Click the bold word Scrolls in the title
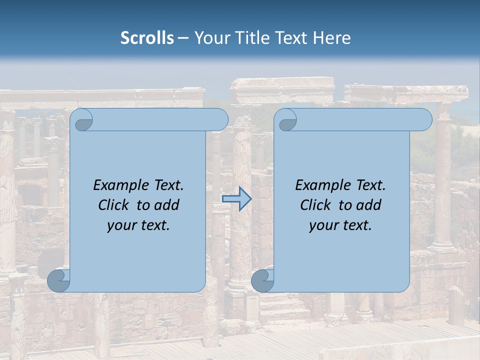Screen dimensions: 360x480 point(147,38)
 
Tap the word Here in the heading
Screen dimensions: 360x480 point(331,38)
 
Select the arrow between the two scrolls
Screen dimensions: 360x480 point(236,199)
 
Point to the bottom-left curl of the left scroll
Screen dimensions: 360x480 point(58,280)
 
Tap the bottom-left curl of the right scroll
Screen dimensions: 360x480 point(262,280)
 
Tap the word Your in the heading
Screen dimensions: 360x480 point(210,38)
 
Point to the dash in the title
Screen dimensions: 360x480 point(183,38)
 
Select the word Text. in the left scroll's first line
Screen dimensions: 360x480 point(166,185)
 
